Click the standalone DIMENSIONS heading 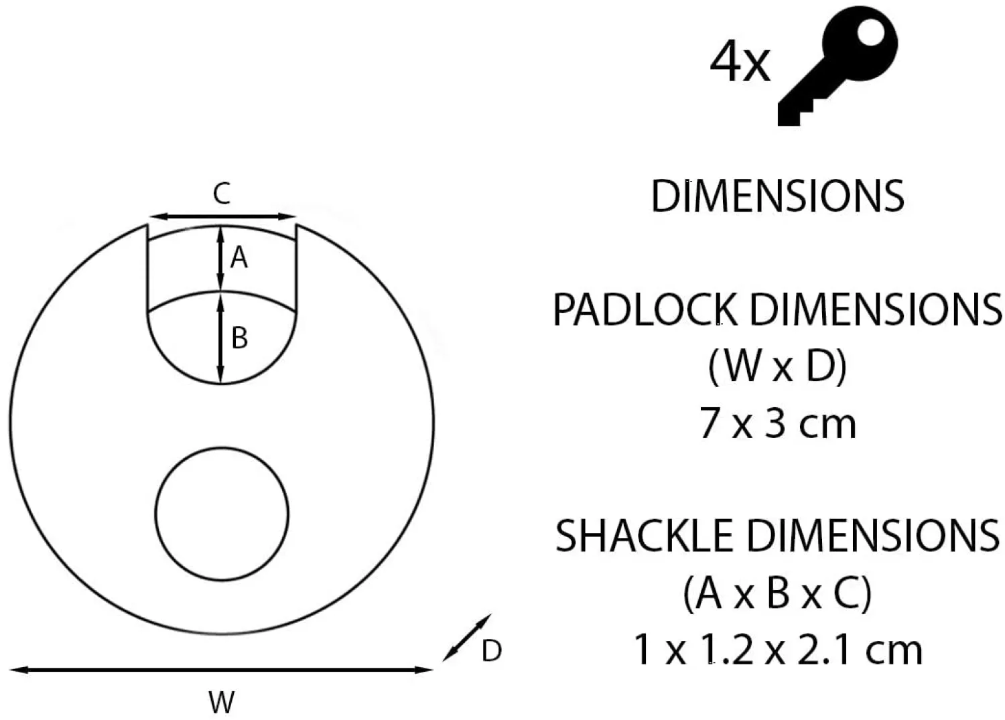777,196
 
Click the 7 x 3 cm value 777,424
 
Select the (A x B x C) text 777,593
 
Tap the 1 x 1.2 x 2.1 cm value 777,650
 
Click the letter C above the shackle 221,194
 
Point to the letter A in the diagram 239,257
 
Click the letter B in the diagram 239,338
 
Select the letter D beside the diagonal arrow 491,651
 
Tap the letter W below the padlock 221,703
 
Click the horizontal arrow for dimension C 221,216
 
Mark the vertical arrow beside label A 220,259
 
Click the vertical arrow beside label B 220,338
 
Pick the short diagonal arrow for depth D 467,638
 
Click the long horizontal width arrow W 221,669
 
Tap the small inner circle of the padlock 222,514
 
